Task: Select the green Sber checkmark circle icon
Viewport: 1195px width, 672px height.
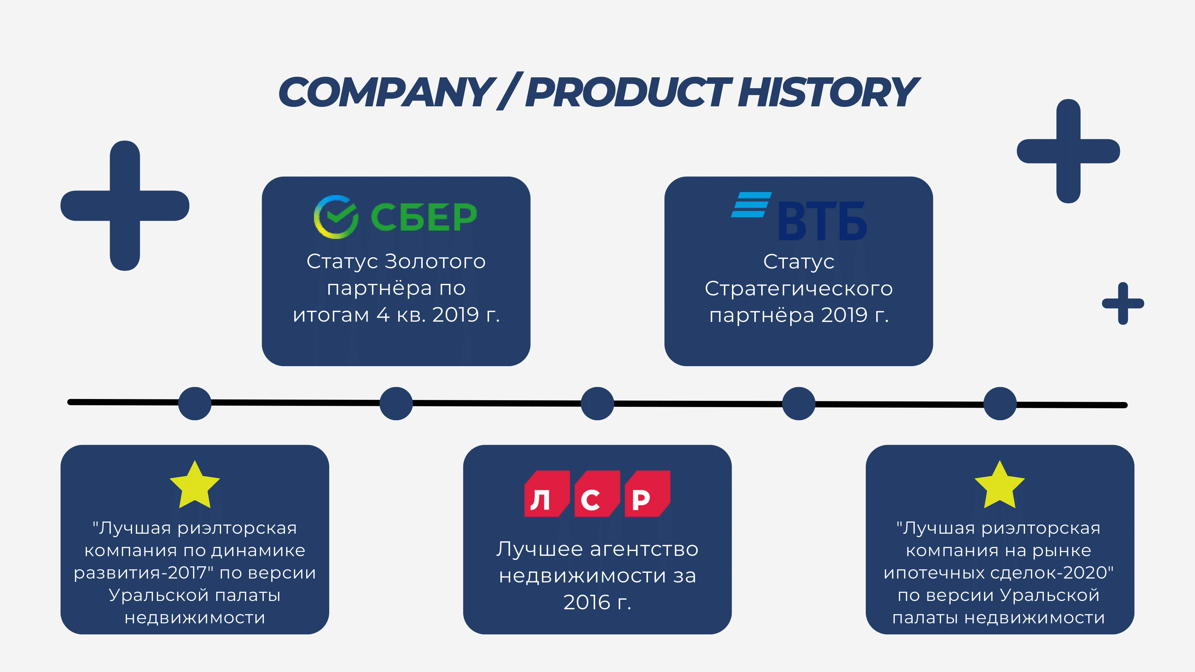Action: (336, 217)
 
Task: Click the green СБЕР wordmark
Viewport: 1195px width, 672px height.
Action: (424, 217)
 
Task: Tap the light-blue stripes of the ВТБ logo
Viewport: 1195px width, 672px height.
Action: (751, 205)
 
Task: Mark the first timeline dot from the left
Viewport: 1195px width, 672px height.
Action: (195, 403)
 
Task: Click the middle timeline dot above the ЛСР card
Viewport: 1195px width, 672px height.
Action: (597, 403)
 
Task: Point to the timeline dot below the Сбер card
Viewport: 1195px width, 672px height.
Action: (396, 403)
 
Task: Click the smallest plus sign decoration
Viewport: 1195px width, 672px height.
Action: (1123, 303)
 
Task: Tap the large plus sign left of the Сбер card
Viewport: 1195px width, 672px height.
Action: (125, 205)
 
